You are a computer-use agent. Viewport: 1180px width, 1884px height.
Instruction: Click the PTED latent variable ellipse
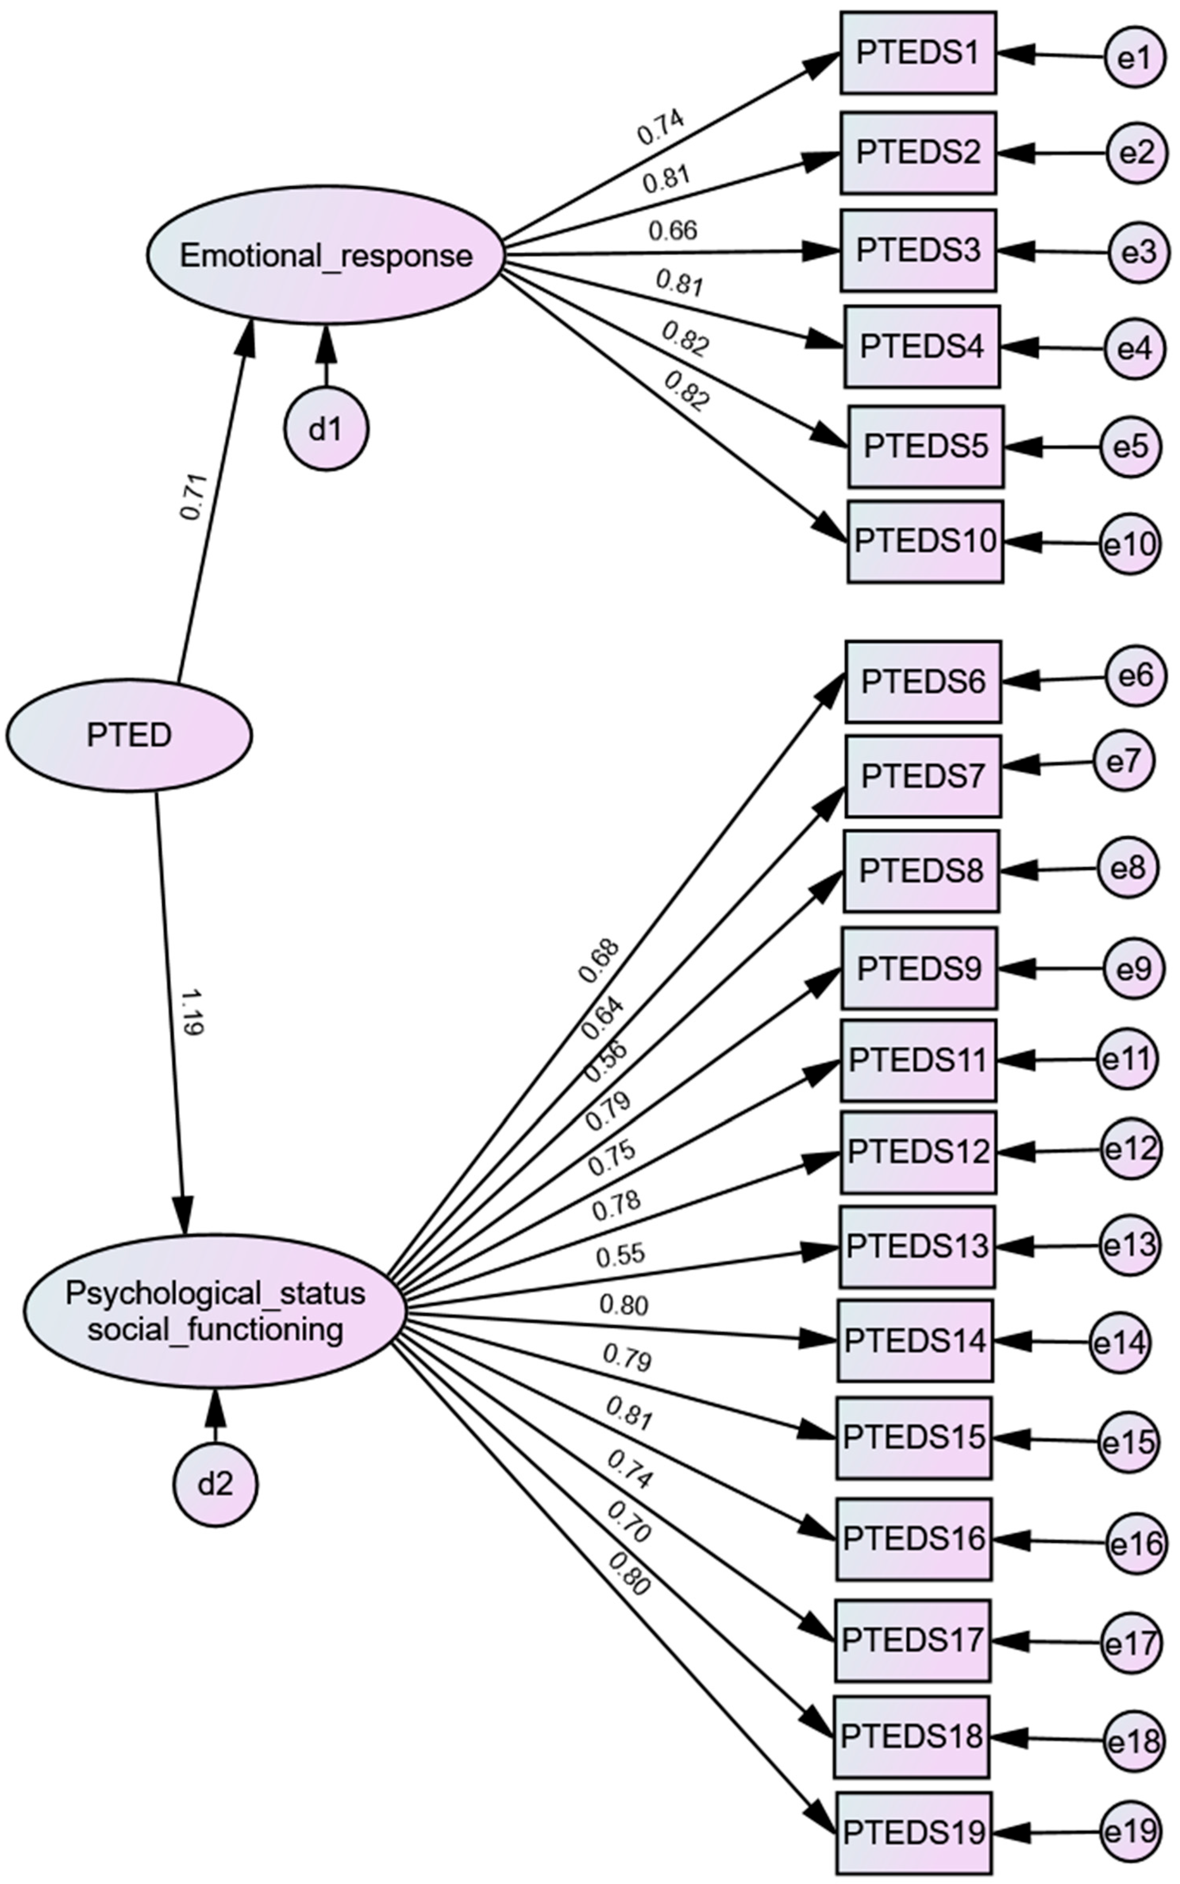point(129,735)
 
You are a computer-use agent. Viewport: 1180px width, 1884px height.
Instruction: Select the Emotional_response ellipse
point(325,255)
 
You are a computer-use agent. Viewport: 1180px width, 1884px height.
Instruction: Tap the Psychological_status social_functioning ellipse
point(215,1311)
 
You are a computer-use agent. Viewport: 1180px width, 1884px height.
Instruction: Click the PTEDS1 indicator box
point(918,53)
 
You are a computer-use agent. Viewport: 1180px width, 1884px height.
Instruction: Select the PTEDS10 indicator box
point(926,541)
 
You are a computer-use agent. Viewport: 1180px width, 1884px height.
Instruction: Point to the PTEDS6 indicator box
point(923,681)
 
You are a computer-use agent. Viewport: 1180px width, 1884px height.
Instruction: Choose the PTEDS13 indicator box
point(917,1246)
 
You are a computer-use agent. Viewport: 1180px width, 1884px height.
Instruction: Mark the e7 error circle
point(1124,762)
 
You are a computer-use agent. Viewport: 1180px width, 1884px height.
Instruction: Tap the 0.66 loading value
point(673,231)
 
